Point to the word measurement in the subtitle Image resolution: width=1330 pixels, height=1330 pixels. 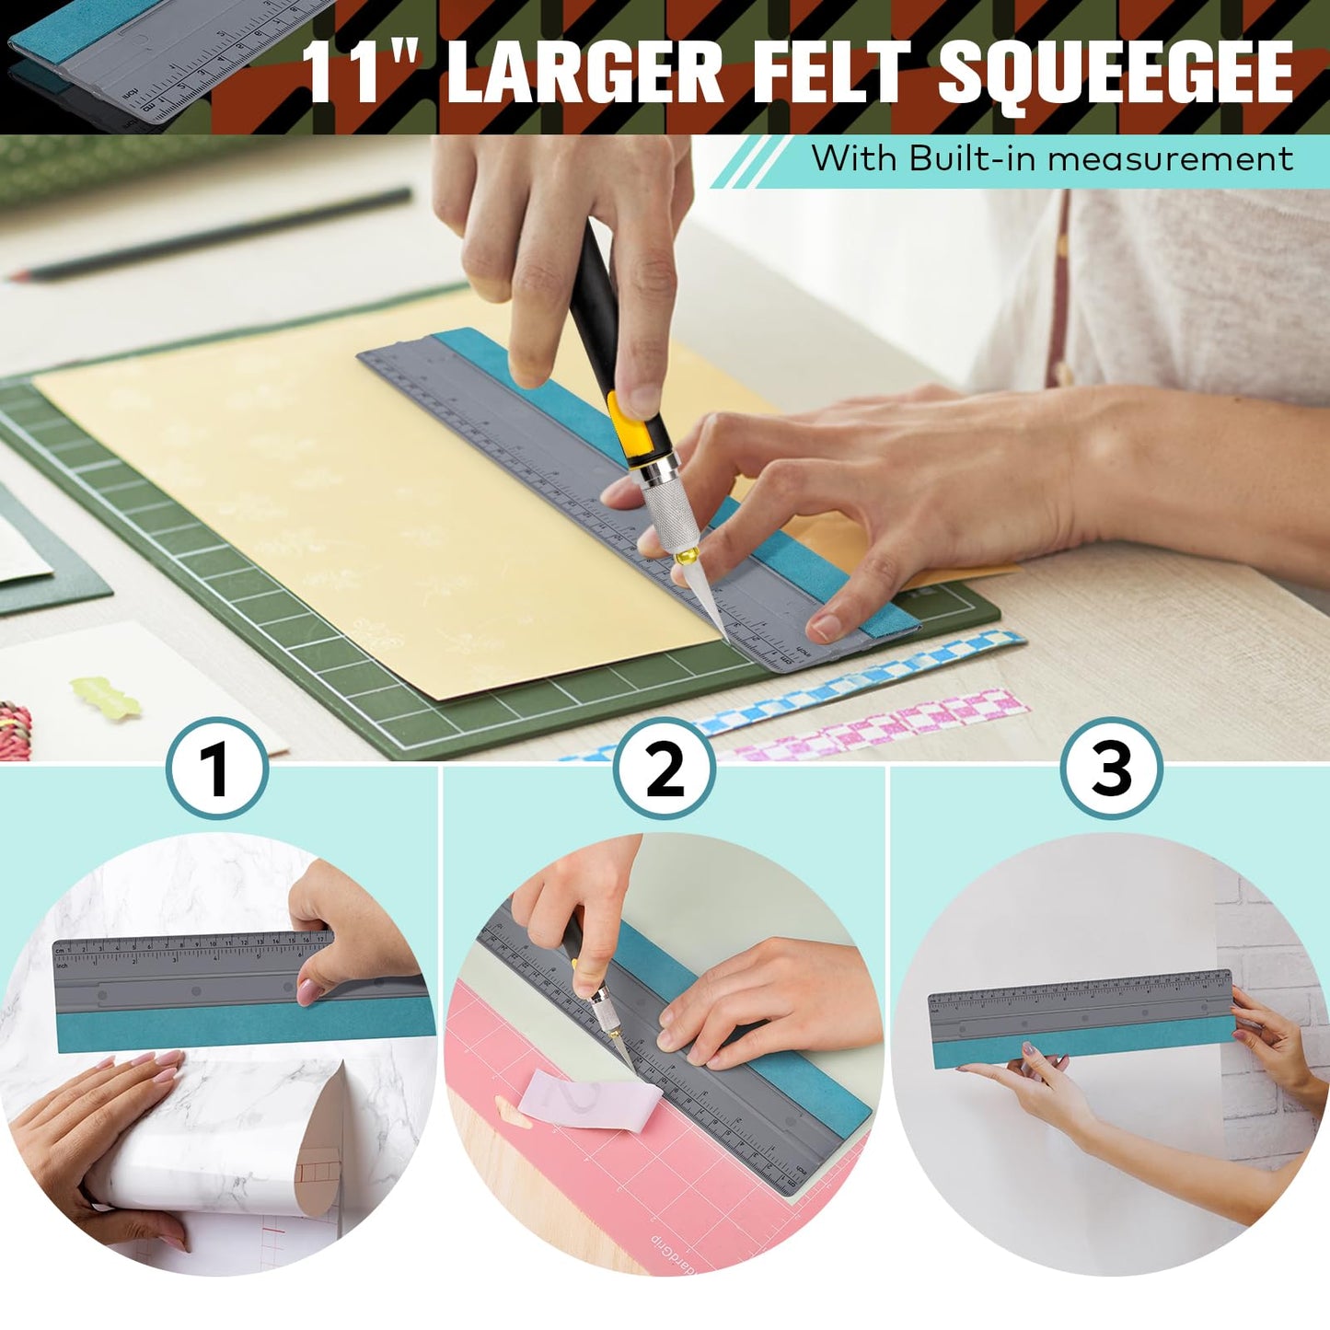point(1170,158)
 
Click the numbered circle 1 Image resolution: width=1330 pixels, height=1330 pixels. point(217,769)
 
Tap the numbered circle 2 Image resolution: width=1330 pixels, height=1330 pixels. point(665,769)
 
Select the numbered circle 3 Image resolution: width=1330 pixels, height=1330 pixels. point(1111,769)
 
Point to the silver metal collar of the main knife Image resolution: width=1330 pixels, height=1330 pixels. point(665,502)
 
